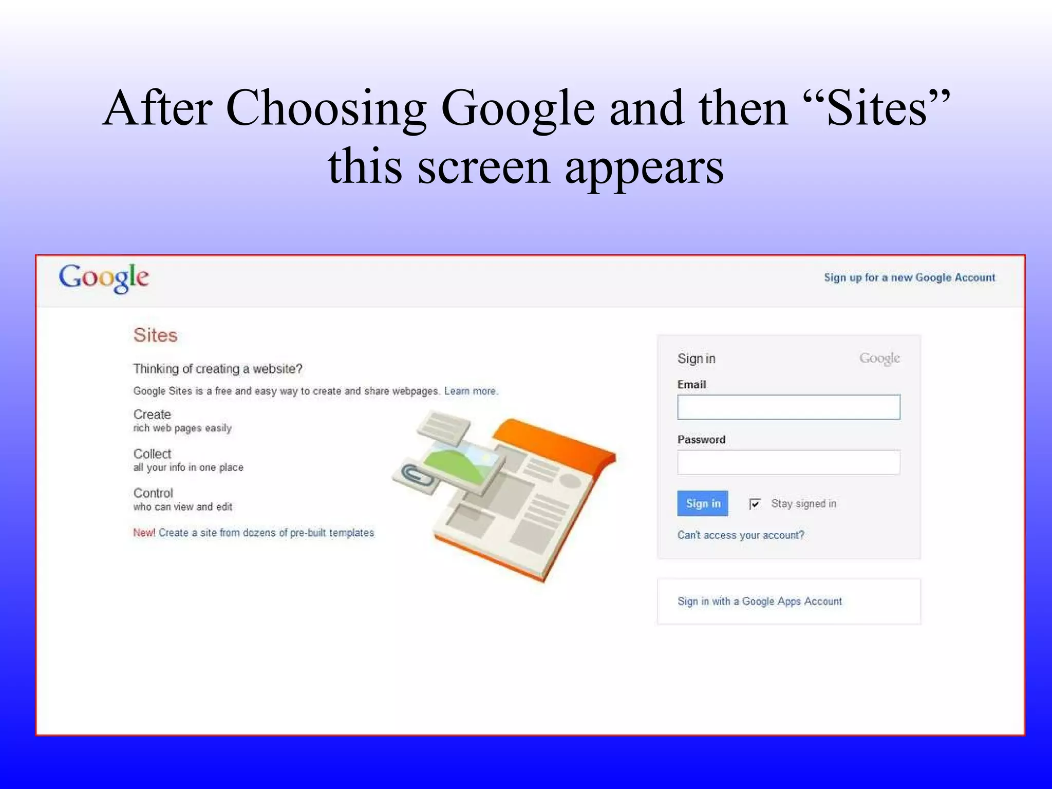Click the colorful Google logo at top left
coord(104,278)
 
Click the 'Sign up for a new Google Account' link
coord(909,278)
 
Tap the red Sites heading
coord(155,335)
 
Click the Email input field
coord(788,407)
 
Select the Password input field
coord(788,462)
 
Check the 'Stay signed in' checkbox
coord(755,504)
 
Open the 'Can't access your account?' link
coord(740,535)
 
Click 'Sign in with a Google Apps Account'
coord(759,602)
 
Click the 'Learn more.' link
coord(471,391)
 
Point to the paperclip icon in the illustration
coord(415,476)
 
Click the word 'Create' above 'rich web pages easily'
coord(152,415)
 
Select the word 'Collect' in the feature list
coord(152,454)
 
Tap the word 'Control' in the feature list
coord(153,494)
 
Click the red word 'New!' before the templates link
coord(144,533)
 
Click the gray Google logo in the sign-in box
coord(879,359)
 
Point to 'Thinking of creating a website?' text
coord(218,369)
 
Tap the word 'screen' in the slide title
coord(483,167)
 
